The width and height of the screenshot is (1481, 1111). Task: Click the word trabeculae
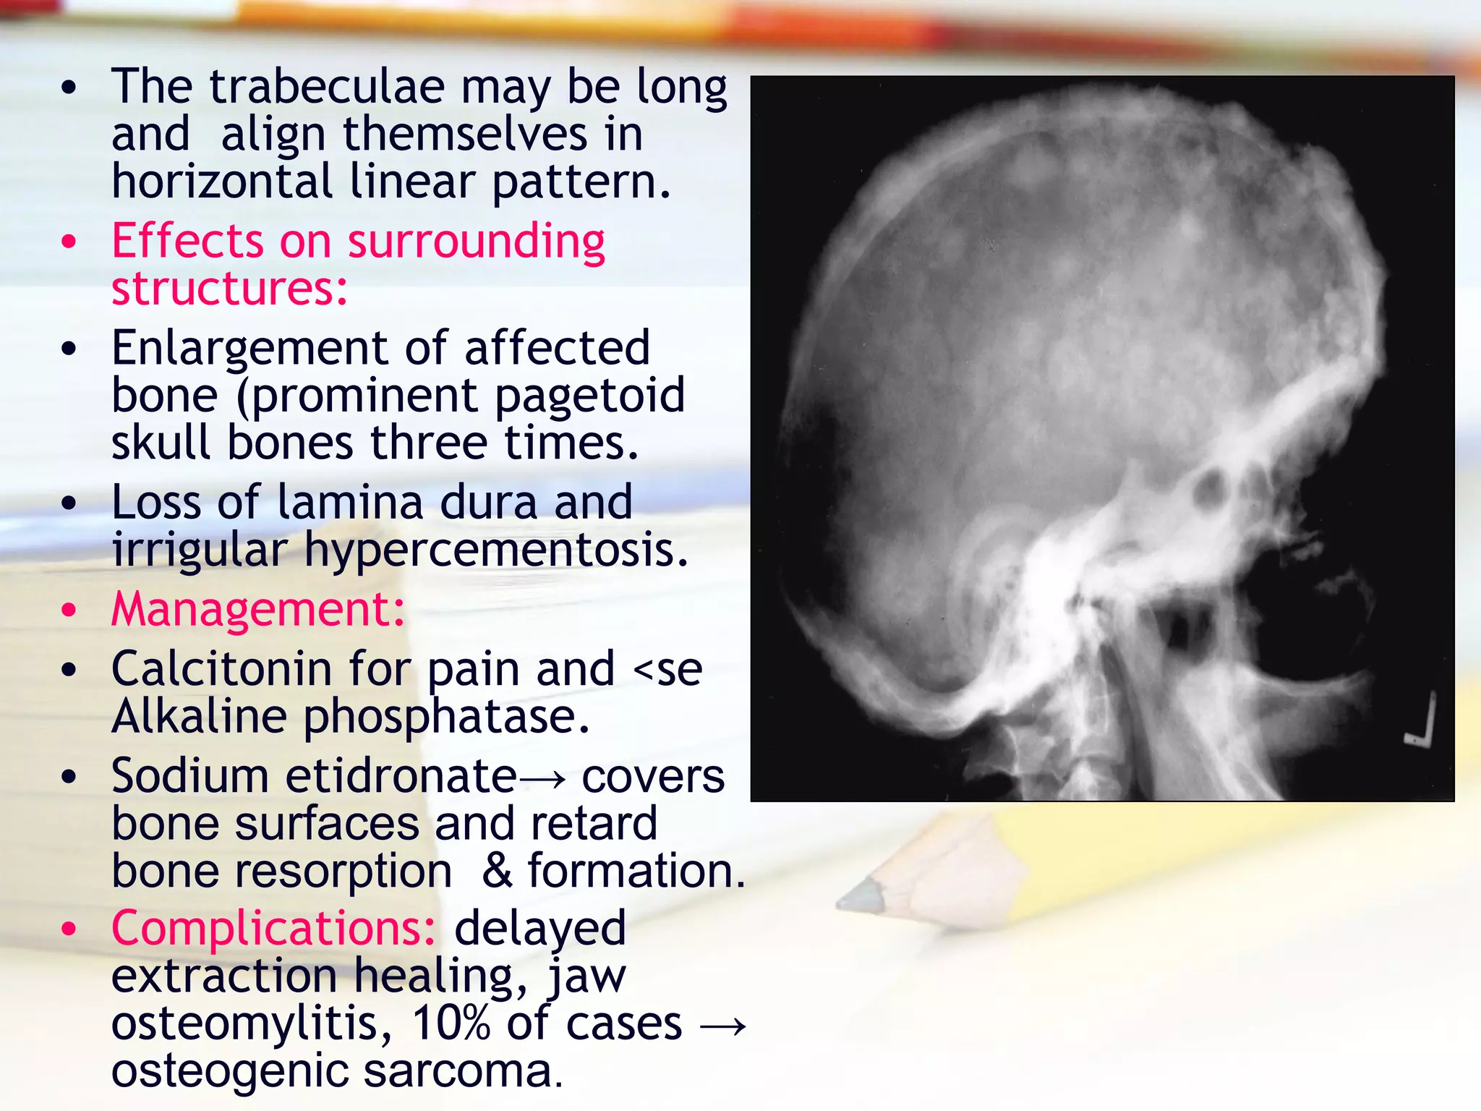(x=327, y=87)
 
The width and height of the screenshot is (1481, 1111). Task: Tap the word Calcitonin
(x=221, y=669)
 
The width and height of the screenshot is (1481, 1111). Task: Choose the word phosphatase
(x=446, y=717)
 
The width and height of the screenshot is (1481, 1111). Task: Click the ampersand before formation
(x=498, y=870)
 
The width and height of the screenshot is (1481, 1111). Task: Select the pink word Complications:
(x=273, y=929)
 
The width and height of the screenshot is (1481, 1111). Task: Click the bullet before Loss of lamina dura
(x=69, y=503)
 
